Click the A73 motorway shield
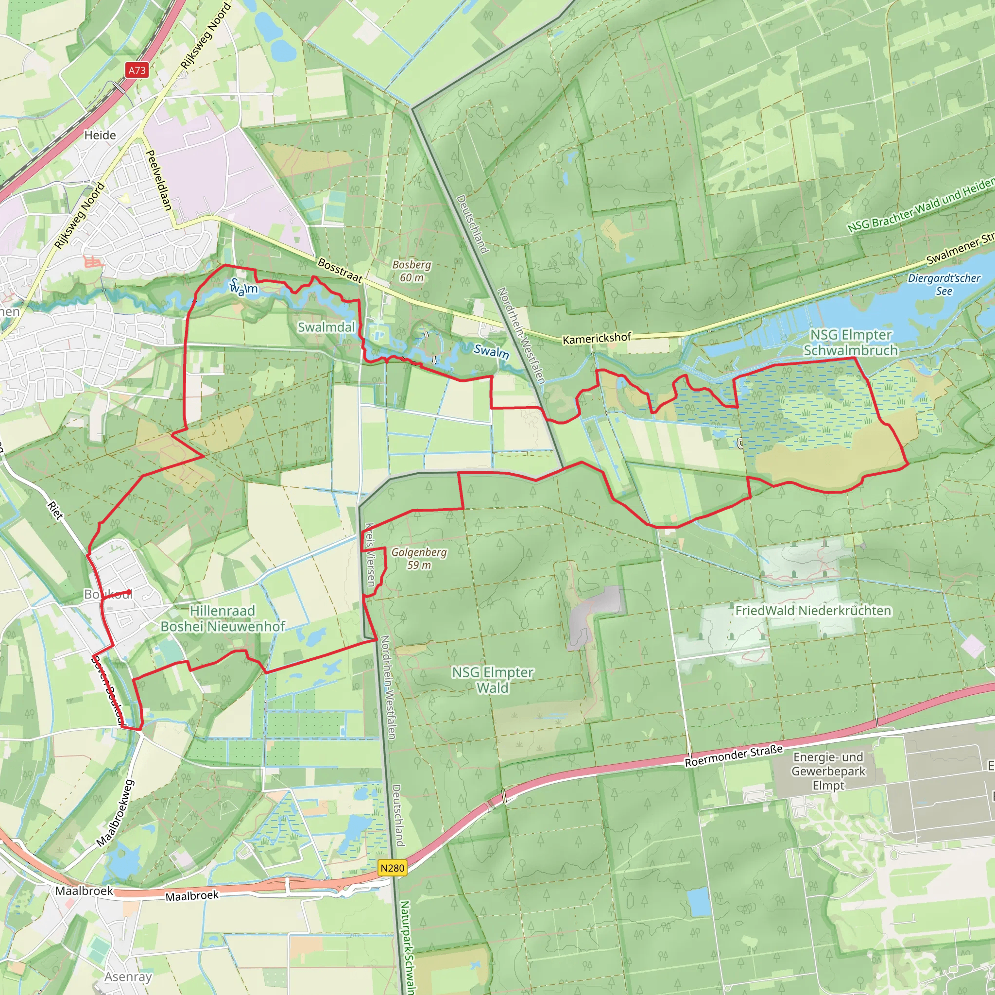tap(137, 70)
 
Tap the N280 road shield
tap(393, 868)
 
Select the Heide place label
tap(100, 136)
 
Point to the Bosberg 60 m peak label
tap(412, 271)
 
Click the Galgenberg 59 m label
tap(419, 558)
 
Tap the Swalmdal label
tap(326, 327)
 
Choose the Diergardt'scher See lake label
tap(944, 284)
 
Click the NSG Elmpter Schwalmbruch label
tap(850, 343)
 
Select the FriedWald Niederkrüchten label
tap(813, 611)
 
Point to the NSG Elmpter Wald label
tap(492, 680)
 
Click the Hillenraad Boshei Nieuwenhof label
tap(223, 618)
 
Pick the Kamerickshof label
tap(597, 338)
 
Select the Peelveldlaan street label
tap(159, 180)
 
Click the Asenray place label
tap(128, 977)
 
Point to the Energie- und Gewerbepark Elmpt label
tap(828, 771)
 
